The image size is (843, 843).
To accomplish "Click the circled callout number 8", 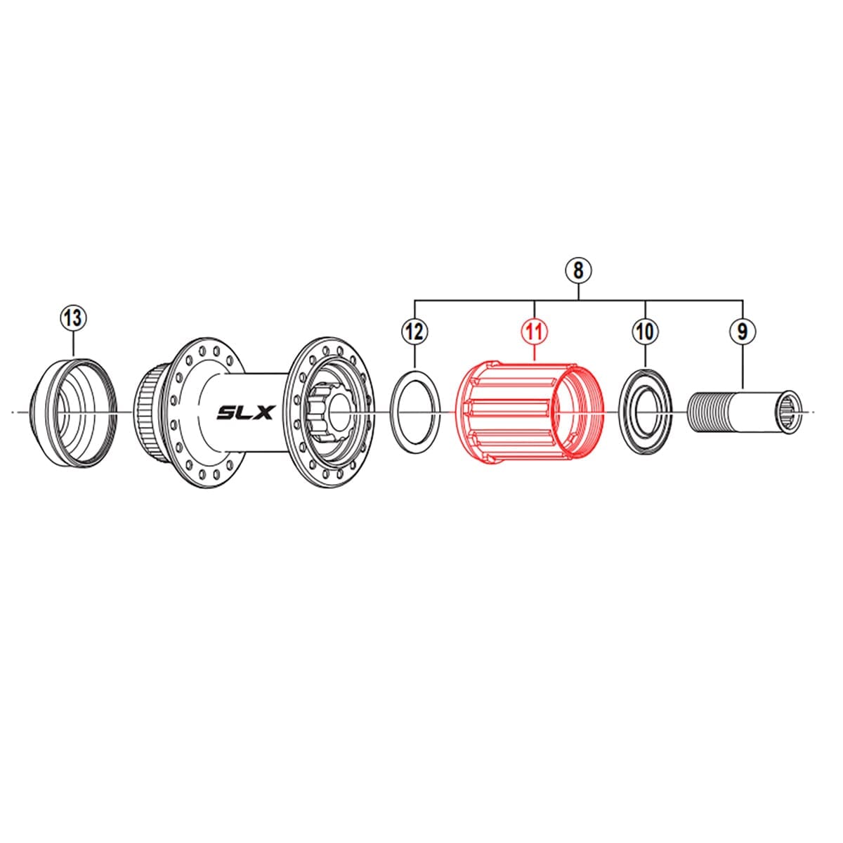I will coord(578,270).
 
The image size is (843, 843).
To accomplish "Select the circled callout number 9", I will coord(743,330).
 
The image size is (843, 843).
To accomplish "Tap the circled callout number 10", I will coord(645,330).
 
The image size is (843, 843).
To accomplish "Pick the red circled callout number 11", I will coord(535,330).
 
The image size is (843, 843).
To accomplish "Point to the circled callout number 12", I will coord(415,330).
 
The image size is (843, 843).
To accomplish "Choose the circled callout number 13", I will coord(74,318).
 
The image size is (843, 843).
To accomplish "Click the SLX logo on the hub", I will coord(244,412).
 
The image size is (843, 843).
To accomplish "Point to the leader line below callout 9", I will coord(743,365).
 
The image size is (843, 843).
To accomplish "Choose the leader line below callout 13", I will coord(74,344).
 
